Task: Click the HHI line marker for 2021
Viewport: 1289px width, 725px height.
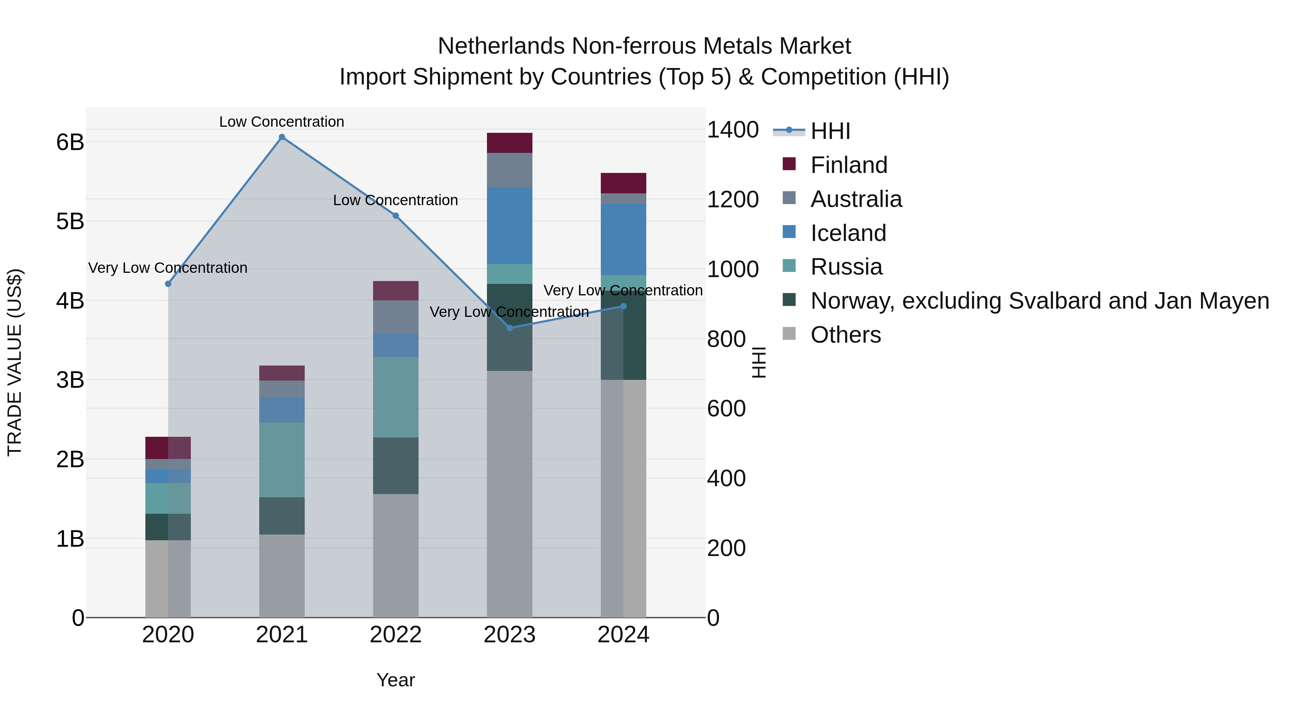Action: pyautogui.click(x=282, y=137)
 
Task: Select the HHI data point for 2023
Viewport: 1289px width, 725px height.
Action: pyautogui.click(x=510, y=328)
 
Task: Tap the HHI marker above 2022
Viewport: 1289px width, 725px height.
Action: pyautogui.click(x=395, y=216)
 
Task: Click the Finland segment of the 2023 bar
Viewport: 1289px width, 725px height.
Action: pyautogui.click(x=510, y=143)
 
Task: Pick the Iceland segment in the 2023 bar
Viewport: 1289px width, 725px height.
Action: pyautogui.click(x=510, y=225)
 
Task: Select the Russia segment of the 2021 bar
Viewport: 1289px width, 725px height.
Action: pyautogui.click(x=282, y=459)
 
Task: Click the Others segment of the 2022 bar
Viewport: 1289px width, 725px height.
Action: pyautogui.click(x=395, y=555)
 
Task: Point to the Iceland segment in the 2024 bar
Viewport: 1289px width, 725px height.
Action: pyautogui.click(x=623, y=239)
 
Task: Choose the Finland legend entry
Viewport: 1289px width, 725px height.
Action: pyautogui.click(x=848, y=165)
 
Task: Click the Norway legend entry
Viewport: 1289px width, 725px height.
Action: pyautogui.click(x=1039, y=301)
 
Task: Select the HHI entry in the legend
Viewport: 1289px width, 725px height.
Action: pyautogui.click(x=830, y=131)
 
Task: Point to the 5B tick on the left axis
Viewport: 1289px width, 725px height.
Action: pyautogui.click(x=70, y=221)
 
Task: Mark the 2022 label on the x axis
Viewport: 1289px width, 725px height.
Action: pyautogui.click(x=395, y=634)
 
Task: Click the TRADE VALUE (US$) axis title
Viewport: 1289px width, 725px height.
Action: pyautogui.click(x=15, y=362)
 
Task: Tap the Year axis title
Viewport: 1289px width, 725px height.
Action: pyautogui.click(x=395, y=680)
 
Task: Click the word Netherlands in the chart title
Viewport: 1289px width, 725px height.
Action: pyautogui.click(x=502, y=46)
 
